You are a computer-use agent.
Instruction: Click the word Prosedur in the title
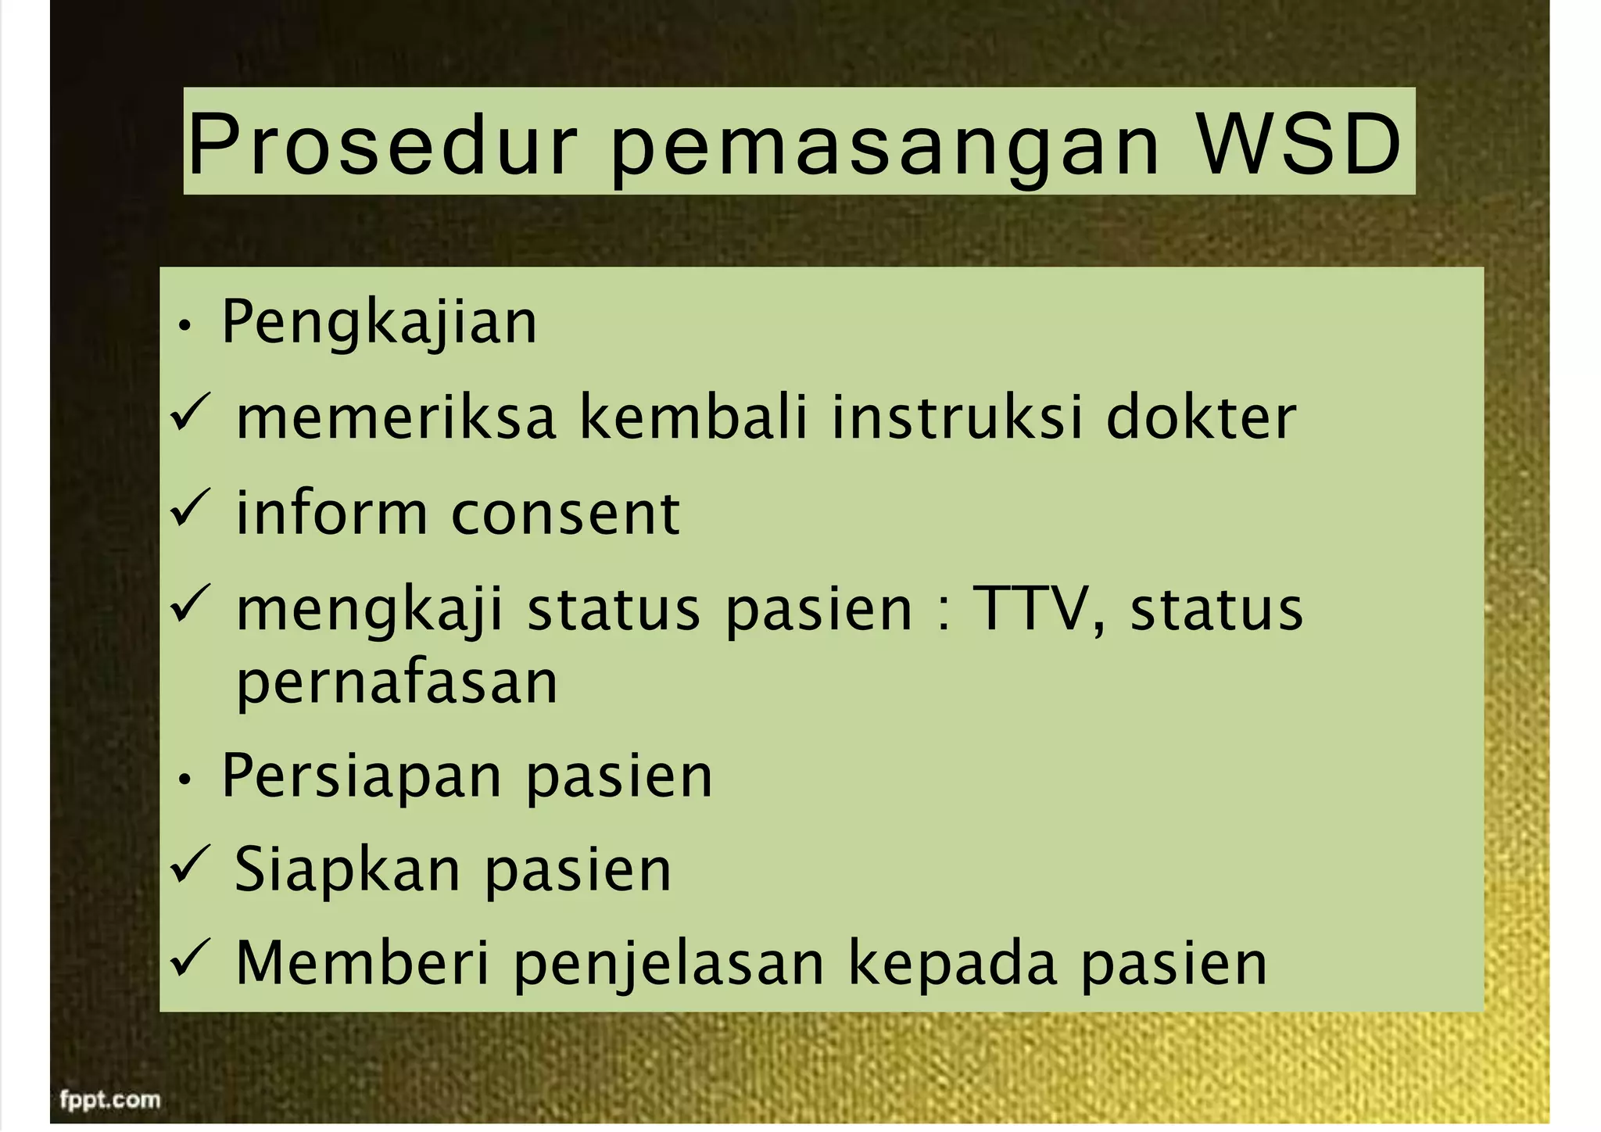click(x=383, y=145)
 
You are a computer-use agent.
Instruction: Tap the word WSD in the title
click(x=1299, y=145)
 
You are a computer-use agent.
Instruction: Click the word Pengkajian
click(x=379, y=322)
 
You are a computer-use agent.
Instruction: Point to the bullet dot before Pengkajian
click(x=184, y=326)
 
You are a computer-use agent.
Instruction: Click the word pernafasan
click(x=397, y=682)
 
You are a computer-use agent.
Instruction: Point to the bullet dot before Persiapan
click(x=184, y=779)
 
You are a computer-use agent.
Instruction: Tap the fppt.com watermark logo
click(x=110, y=1100)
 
